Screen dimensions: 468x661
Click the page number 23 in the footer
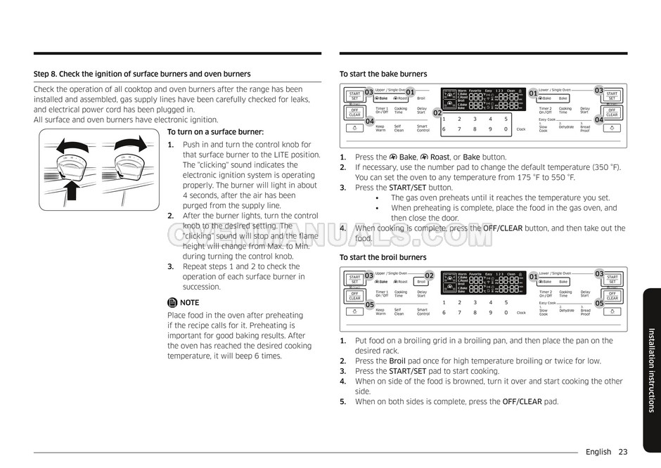click(623, 452)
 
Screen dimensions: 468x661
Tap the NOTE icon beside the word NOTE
click(172, 303)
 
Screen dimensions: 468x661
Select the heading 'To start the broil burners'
click(383, 258)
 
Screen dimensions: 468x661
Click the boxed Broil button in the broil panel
click(422, 282)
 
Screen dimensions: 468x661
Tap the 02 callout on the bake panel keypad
click(437, 113)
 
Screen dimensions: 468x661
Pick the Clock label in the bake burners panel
click(521, 129)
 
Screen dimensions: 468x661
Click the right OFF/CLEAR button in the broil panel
click(612, 296)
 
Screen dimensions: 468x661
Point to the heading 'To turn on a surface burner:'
click(215, 132)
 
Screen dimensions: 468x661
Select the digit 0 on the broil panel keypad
click(506, 312)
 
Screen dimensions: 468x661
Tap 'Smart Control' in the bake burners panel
click(423, 129)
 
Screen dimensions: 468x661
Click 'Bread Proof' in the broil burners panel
click(585, 312)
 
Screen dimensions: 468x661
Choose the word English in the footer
click(598, 452)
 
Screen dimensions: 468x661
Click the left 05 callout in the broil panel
click(369, 305)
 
